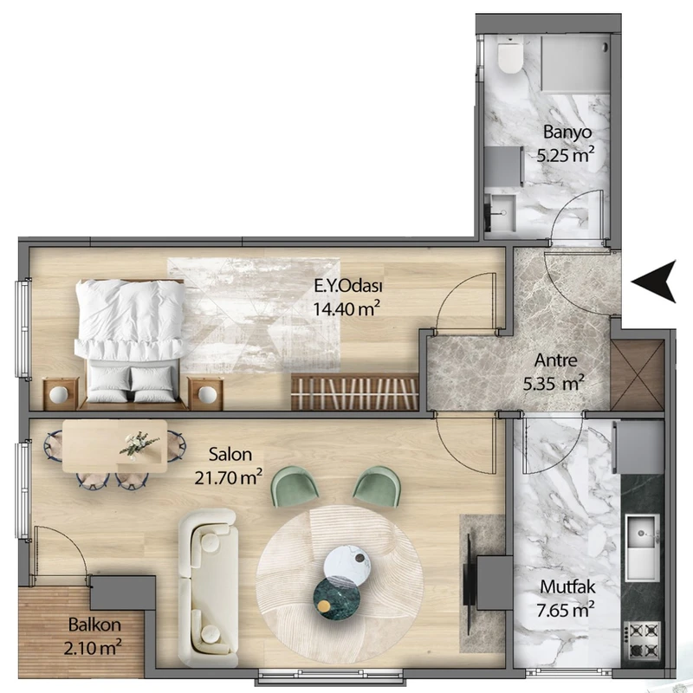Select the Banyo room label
click(567, 132)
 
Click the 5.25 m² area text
click(566, 155)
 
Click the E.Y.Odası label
click(348, 286)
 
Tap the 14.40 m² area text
click(346, 308)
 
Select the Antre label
click(555, 360)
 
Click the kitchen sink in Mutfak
click(642, 547)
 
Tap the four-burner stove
click(642, 640)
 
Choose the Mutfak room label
click(567, 587)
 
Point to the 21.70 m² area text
click(229, 477)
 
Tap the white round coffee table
click(346, 562)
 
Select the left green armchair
click(295, 487)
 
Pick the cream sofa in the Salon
click(208, 587)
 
